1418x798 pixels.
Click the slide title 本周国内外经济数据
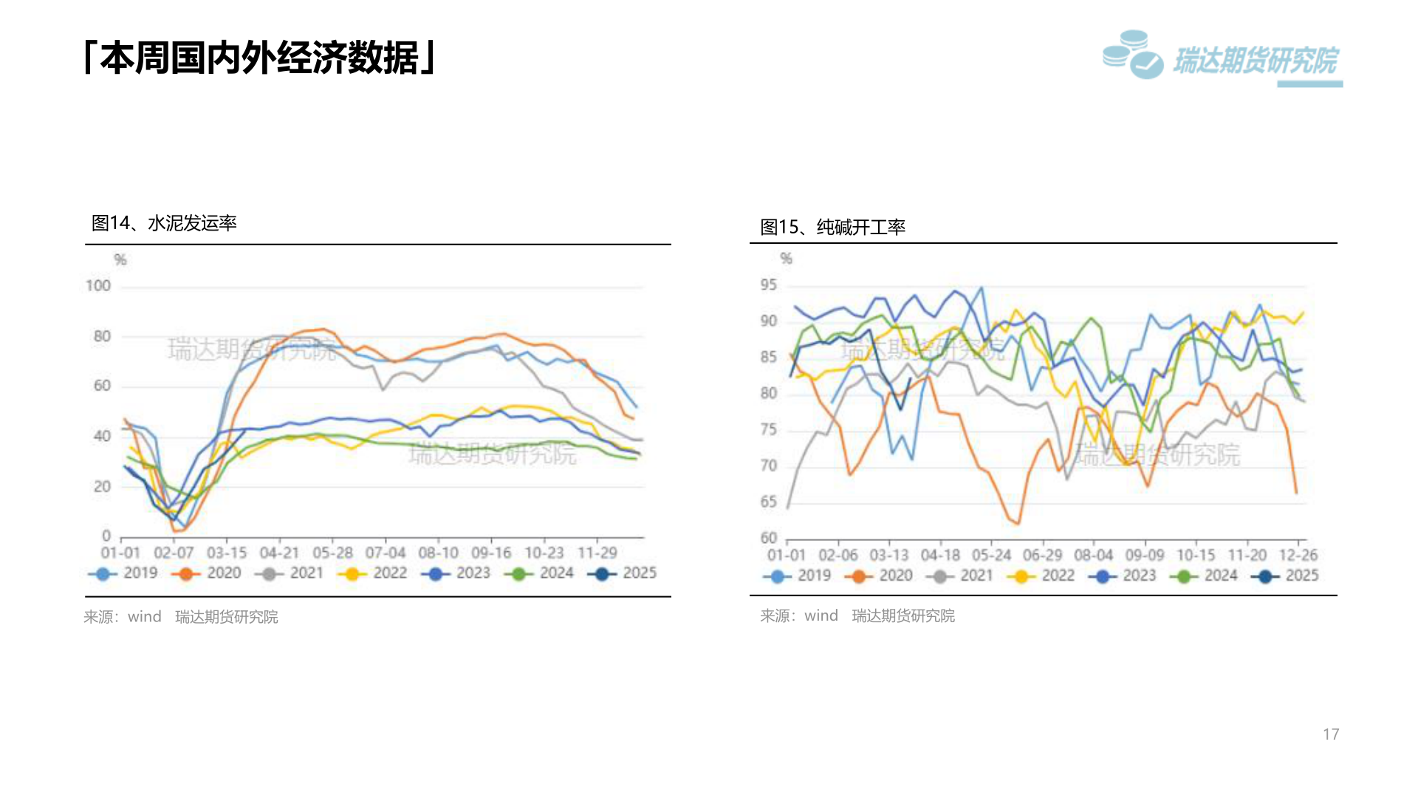click(260, 58)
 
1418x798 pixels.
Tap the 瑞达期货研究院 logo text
click(1255, 61)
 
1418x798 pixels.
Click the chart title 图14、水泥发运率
click(164, 223)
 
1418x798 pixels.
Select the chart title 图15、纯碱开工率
click(833, 227)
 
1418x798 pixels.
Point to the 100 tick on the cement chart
click(98, 286)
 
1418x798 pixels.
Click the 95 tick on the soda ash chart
click(769, 285)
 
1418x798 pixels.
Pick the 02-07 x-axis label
click(174, 553)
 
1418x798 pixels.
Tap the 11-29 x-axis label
click(597, 553)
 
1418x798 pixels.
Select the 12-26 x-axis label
click(1298, 555)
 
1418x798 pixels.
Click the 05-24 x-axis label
click(991, 555)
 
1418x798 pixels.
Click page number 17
click(1331, 734)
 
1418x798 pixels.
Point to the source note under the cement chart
click(181, 617)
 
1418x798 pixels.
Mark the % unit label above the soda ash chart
click(786, 259)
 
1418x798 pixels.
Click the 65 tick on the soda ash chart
click(769, 502)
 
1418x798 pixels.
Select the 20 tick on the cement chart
click(102, 487)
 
